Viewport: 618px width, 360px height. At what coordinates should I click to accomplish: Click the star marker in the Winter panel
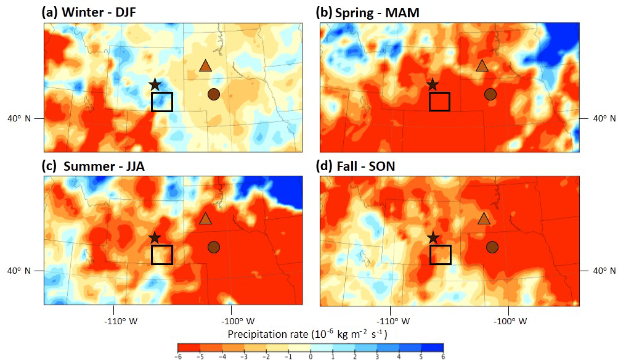coord(155,84)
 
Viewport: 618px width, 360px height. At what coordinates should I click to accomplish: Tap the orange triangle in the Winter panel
coord(205,66)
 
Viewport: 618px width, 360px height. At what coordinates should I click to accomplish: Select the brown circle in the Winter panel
coord(213,94)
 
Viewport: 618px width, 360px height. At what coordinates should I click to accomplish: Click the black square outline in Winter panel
coord(162,101)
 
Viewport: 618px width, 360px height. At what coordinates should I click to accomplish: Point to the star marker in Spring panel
coord(433,84)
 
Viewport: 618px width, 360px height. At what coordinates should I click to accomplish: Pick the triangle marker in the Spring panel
coord(482,66)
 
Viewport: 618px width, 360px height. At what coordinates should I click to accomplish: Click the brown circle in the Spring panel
coord(490,94)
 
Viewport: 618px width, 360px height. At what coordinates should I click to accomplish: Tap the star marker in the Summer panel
coord(155,237)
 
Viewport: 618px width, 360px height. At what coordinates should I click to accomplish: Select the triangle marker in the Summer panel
coord(205,218)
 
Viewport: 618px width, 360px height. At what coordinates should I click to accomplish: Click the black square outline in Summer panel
coord(162,255)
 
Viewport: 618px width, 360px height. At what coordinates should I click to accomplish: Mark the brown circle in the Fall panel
coord(492,247)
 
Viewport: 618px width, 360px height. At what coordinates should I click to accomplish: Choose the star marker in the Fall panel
coord(433,237)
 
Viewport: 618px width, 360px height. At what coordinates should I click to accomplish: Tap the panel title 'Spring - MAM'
coord(370,12)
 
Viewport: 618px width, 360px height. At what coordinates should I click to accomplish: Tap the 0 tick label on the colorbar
coord(311,356)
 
